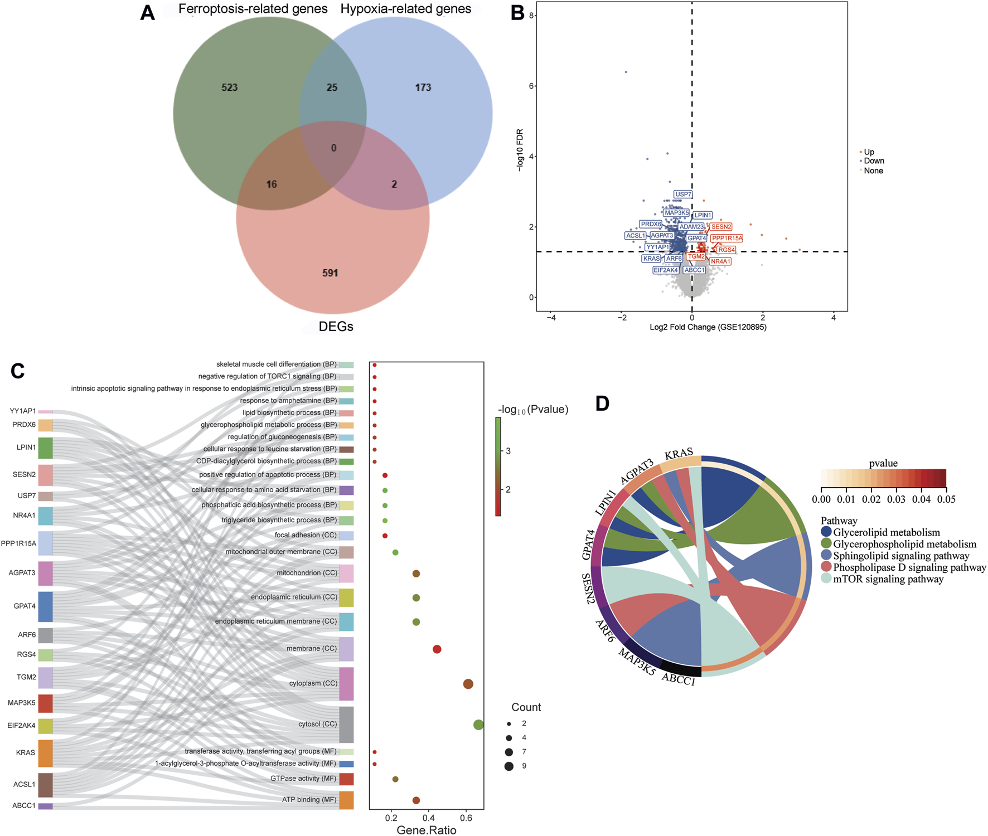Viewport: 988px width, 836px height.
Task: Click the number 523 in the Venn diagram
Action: [229, 88]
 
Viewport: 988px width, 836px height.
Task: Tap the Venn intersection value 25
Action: [332, 88]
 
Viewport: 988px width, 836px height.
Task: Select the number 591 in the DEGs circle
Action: [330, 273]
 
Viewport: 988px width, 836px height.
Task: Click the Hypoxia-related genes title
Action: [405, 9]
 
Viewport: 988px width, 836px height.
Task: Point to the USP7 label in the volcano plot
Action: [683, 195]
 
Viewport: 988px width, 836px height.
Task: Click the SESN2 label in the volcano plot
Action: [721, 227]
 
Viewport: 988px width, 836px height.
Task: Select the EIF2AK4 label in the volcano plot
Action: [666, 270]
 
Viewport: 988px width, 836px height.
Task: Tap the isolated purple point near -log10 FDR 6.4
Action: [626, 72]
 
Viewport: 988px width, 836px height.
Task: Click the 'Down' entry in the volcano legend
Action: [873, 161]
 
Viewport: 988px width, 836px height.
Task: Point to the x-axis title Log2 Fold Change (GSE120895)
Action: [708, 327]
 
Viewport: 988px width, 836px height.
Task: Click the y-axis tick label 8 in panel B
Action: [532, 16]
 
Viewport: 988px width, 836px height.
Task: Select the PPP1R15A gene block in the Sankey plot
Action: [45, 543]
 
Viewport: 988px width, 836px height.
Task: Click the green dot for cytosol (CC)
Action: [478, 725]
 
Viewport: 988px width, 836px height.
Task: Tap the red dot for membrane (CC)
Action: [437, 649]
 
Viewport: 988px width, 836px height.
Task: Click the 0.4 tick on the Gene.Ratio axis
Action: [428, 818]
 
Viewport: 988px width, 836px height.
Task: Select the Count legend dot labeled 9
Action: [509, 766]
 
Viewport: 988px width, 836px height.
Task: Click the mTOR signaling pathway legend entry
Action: [888, 579]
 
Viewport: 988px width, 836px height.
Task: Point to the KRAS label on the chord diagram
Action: [679, 454]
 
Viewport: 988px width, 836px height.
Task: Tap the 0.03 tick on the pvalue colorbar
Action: [896, 499]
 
